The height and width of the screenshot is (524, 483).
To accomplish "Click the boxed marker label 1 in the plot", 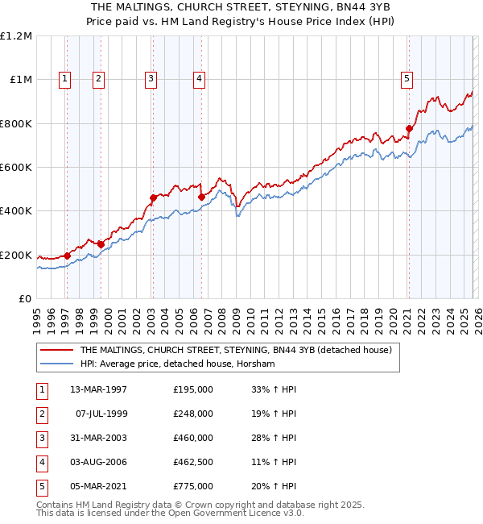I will click(x=64, y=78).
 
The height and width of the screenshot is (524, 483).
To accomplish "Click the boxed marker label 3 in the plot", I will click(x=151, y=78).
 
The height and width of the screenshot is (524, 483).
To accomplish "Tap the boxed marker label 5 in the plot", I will click(x=407, y=78).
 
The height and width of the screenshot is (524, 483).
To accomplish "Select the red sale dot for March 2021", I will click(x=409, y=128).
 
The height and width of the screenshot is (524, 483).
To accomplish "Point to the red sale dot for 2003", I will click(x=153, y=198).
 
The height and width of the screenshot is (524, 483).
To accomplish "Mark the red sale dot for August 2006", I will click(x=201, y=196).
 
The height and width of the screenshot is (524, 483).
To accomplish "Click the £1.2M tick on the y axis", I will click(x=16, y=36).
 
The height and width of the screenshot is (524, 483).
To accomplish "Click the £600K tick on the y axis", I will click(x=16, y=168).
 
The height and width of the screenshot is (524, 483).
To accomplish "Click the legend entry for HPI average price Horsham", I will click(x=177, y=364).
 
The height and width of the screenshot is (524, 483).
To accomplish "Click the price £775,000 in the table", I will click(x=193, y=486).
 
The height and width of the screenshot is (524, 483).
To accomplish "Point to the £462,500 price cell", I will click(x=193, y=462).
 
